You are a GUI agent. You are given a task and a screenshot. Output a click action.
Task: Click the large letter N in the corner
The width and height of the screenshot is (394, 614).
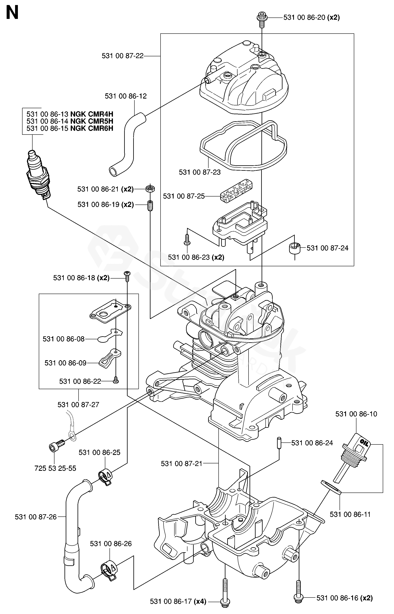[x=12, y=13]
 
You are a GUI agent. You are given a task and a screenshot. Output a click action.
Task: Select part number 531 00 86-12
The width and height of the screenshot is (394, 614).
[x=126, y=96]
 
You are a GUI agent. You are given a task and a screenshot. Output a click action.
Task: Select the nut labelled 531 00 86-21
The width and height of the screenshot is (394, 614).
[x=150, y=189]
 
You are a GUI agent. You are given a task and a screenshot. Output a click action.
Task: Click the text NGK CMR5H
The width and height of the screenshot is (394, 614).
[x=92, y=121]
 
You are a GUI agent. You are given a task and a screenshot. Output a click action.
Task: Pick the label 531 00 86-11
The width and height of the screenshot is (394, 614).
[x=350, y=514]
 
